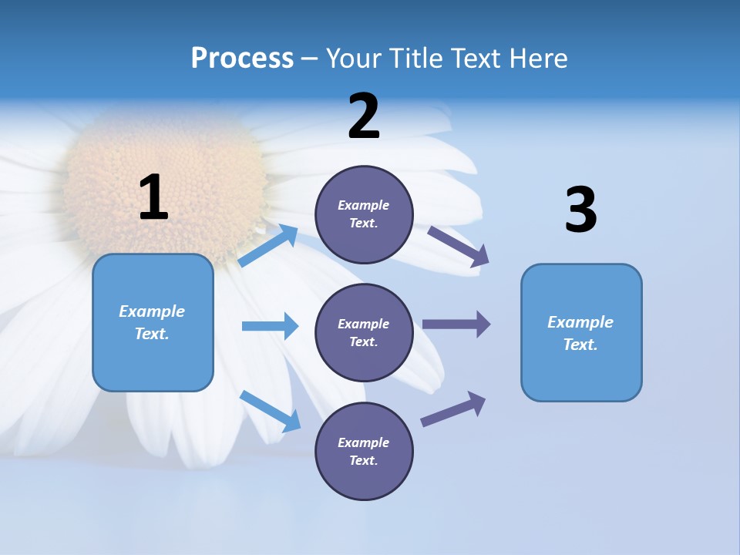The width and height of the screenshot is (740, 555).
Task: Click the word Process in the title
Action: point(242,59)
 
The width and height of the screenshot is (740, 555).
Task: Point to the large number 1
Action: point(153,198)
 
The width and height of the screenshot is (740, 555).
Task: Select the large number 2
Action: point(364,116)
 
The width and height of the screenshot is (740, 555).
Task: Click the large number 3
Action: point(580,210)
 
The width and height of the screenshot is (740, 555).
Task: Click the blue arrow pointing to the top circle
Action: point(268,246)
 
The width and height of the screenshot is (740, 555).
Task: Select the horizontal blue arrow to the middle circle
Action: point(270,326)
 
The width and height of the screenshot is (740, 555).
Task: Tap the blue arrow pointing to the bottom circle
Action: point(271,411)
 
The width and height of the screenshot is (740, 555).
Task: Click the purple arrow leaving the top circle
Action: point(459,247)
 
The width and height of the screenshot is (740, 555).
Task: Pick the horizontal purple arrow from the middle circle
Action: point(456,325)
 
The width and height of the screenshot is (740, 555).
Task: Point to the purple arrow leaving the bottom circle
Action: point(453,409)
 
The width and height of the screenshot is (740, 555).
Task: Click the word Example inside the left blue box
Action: point(152,311)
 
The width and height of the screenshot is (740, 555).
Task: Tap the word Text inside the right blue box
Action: point(580,345)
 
